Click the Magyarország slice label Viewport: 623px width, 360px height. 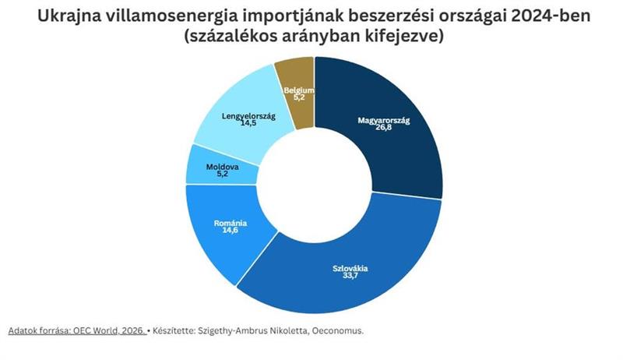click(x=383, y=121)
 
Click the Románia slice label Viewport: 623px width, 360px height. click(x=230, y=224)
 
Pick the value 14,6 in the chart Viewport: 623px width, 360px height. click(x=230, y=232)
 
